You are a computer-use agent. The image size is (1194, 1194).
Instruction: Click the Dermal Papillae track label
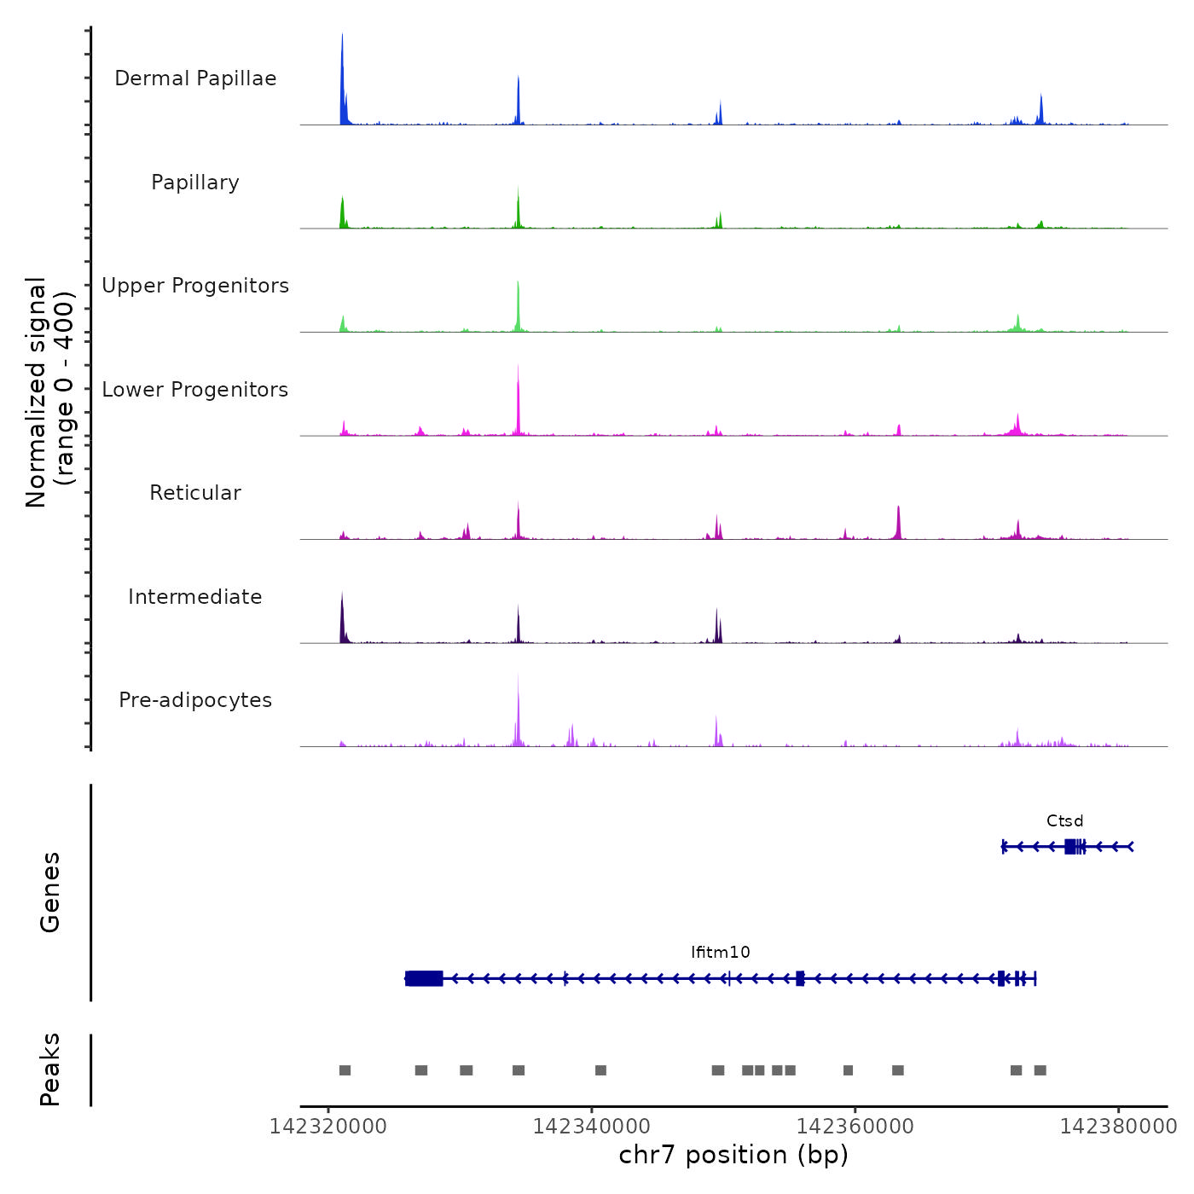(195, 78)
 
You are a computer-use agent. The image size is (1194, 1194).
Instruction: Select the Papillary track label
(195, 183)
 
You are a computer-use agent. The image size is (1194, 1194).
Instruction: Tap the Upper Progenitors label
(195, 286)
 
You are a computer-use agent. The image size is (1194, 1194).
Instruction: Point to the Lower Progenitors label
(195, 390)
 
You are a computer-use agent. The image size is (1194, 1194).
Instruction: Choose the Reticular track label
(195, 493)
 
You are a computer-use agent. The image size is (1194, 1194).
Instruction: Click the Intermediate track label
(195, 597)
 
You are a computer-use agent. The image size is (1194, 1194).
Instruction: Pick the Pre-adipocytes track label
(195, 700)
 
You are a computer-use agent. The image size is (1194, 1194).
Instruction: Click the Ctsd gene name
(1065, 821)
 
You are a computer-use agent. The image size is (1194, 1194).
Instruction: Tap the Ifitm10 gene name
(721, 953)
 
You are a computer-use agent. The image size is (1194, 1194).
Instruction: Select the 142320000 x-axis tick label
(328, 1127)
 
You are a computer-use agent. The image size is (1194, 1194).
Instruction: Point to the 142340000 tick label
(591, 1127)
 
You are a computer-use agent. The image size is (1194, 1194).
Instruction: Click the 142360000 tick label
(855, 1127)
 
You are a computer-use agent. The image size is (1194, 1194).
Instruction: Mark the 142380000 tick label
(1118, 1127)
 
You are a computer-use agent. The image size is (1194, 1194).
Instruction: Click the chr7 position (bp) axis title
(733, 1155)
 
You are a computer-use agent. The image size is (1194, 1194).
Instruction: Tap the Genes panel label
(50, 892)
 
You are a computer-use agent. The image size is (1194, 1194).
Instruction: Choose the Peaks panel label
(50, 1069)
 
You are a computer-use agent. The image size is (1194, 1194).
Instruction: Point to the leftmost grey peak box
(345, 1070)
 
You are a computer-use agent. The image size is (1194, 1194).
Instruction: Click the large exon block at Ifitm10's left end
(424, 978)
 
